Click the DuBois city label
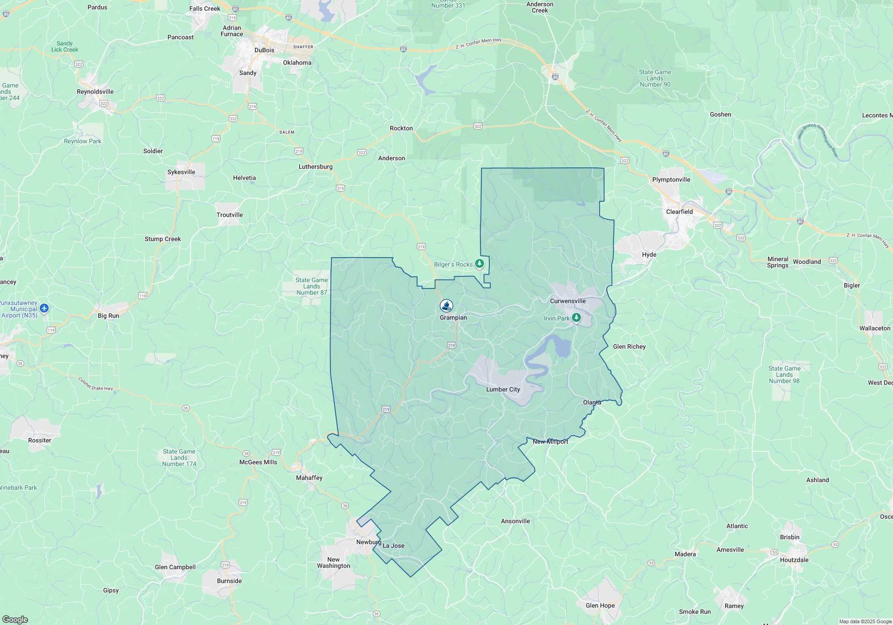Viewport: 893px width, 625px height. point(264,50)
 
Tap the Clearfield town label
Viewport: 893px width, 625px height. point(679,212)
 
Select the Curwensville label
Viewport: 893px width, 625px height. point(568,301)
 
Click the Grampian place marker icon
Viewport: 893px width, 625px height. point(446,306)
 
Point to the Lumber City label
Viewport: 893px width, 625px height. point(503,389)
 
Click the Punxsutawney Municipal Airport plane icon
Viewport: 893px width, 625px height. point(44,308)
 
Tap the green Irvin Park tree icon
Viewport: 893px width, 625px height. point(576,318)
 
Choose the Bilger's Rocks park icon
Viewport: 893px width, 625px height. point(479,264)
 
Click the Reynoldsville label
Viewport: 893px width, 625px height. point(95,92)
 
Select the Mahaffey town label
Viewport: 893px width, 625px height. point(309,478)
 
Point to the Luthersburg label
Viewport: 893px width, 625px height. point(315,167)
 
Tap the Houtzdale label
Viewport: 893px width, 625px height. point(794,560)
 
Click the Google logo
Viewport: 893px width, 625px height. point(15,619)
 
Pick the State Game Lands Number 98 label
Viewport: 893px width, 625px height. point(784,375)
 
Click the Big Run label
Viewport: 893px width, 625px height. point(108,316)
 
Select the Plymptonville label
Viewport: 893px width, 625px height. point(671,179)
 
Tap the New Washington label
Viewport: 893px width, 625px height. point(334,562)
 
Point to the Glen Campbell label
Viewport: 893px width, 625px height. point(175,567)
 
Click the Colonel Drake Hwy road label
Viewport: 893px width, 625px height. point(96,384)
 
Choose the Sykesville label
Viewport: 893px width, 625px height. point(181,172)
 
